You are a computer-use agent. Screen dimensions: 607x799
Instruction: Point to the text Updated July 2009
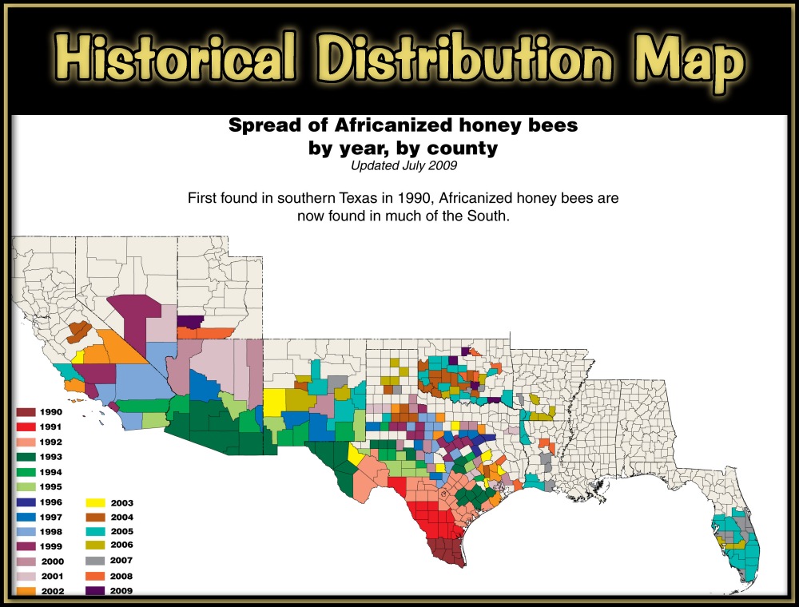(403, 165)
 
